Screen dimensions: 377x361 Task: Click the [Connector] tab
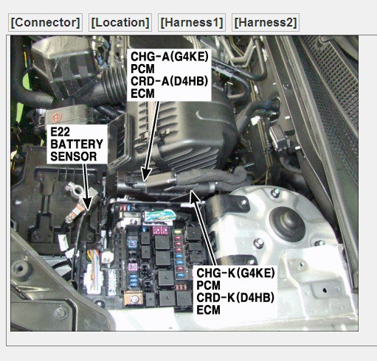(x=45, y=22)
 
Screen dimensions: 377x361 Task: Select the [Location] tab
(x=120, y=22)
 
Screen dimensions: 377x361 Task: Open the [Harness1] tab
(x=192, y=22)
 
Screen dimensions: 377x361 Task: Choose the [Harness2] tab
(x=266, y=22)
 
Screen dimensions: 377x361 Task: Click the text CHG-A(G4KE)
(x=170, y=57)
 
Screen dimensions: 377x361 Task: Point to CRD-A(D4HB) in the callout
(x=170, y=81)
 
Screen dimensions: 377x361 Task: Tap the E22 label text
(x=60, y=132)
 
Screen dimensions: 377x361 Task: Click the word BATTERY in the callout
(x=77, y=144)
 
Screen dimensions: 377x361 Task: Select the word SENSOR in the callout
(x=73, y=156)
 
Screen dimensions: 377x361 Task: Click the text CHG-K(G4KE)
(x=235, y=273)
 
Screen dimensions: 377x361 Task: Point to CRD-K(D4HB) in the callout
(x=235, y=298)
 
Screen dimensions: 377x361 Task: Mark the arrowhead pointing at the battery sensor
(x=87, y=203)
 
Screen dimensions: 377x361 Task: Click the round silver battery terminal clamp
(x=77, y=189)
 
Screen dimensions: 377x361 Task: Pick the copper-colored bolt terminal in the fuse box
(x=134, y=298)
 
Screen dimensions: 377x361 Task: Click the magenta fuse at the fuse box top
(x=160, y=230)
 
